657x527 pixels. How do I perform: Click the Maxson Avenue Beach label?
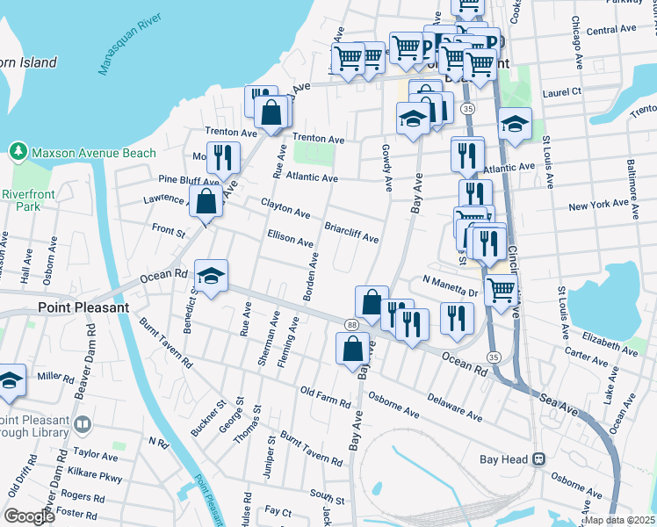point(93,153)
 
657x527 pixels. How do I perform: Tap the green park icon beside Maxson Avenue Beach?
point(18,153)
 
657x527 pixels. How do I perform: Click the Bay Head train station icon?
point(539,459)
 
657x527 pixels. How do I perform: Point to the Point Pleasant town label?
point(83,308)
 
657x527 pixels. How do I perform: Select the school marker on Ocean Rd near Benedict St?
point(211,278)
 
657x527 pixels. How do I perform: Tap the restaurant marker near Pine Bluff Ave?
point(223,158)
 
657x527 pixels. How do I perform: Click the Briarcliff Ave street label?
point(351,232)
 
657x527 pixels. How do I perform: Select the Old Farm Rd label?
point(325,398)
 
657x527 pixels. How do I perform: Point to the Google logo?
point(30,516)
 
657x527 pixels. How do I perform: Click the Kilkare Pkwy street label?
point(97,477)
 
